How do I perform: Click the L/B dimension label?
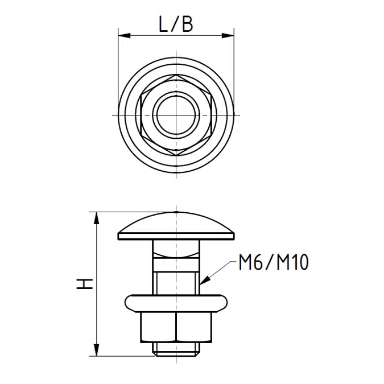(176, 24)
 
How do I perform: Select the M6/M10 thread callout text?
(272, 263)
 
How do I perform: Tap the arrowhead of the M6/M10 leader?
(204, 280)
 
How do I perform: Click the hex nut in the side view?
(176, 327)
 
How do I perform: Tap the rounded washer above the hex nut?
(176, 302)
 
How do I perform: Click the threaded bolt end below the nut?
(176, 349)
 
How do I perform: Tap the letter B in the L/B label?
(187, 24)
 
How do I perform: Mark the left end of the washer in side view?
(122, 302)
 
